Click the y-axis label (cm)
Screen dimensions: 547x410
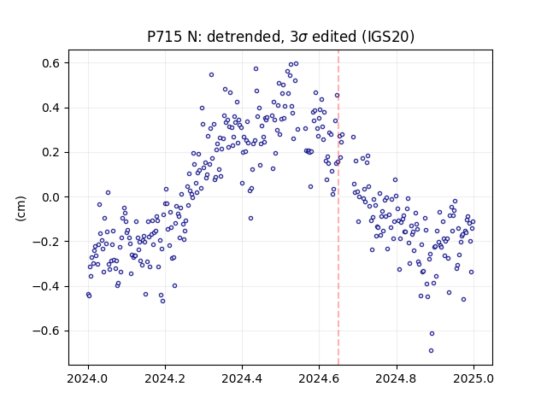(x=21, y=208)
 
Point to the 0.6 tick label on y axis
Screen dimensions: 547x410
(x=51, y=63)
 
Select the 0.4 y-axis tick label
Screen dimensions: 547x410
(x=51, y=108)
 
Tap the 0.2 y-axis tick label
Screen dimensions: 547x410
(x=51, y=152)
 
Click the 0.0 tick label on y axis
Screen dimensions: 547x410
(x=51, y=197)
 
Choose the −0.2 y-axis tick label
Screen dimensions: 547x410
(x=47, y=242)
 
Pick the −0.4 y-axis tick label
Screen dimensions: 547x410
(x=47, y=286)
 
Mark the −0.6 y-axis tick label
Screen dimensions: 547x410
(x=47, y=331)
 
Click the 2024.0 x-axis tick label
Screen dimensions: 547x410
(x=88, y=378)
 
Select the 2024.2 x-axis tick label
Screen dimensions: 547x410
(x=165, y=378)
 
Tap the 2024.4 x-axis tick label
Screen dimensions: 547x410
(x=242, y=378)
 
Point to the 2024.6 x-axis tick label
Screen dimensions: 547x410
(x=319, y=378)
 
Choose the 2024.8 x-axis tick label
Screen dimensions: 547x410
(x=397, y=378)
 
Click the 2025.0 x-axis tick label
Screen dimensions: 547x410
(x=473, y=378)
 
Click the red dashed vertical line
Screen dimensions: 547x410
(x=338, y=208)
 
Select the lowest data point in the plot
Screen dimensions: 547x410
(x=431, y=350)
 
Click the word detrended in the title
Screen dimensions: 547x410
(x=244, y=37)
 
